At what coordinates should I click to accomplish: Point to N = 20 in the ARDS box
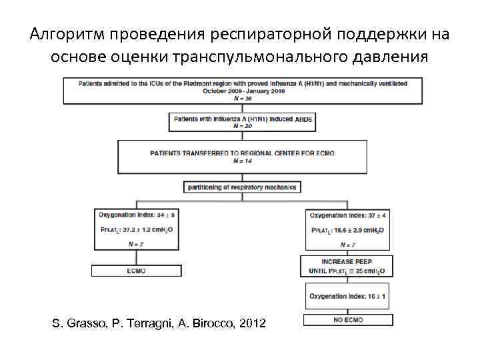point(242,125)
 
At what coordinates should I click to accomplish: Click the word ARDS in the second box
point(303,119)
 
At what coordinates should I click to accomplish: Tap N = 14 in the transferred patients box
point(242,160)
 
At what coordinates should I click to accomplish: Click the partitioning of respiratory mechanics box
point(242,187)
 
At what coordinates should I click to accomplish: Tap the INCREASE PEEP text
point(347,263)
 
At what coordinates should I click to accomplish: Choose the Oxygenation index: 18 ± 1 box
point(347,295)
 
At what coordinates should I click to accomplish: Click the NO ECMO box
point(347,320)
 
